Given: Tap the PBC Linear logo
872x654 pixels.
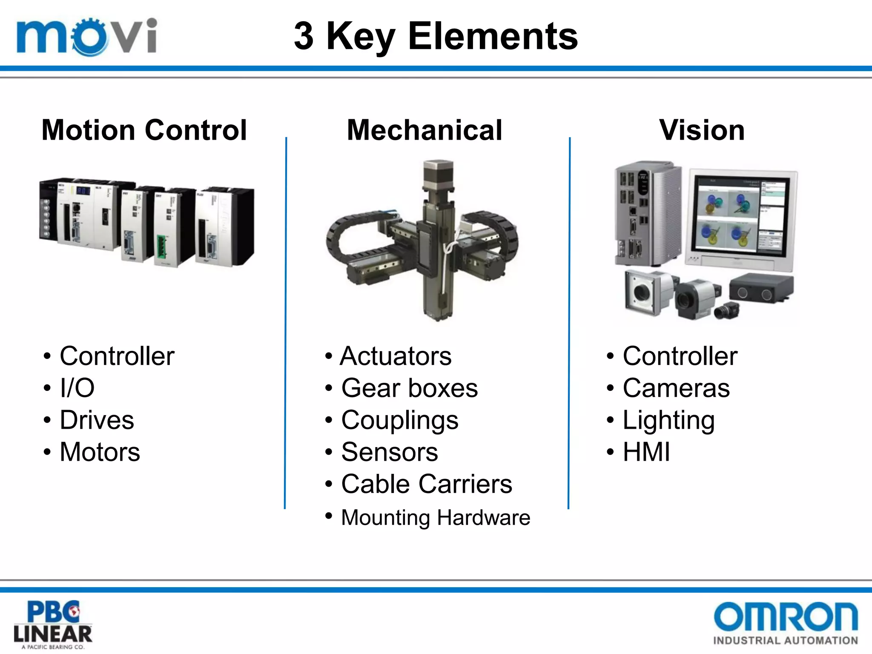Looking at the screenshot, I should click(x=53, y=624).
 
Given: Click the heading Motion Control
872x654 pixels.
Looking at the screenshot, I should click(x=144, y=130).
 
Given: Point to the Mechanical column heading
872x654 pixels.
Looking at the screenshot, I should click(x=425, y=130).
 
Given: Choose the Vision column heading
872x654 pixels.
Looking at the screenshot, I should click(x=702, y=130).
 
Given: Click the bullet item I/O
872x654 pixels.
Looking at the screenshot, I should click(x=77, y=388).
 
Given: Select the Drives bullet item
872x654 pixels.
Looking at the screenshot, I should click(x=97, y=420).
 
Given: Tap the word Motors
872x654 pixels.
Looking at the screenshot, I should click(x=100, y=452).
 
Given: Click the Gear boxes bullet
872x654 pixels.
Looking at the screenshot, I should click(x=410, y=388).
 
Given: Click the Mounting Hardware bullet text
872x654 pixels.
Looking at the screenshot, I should click(x=436, y=518).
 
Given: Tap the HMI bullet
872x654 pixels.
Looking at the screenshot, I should click(x=646, y=452).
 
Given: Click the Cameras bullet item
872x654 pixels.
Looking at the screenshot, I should click(x=676, y=388).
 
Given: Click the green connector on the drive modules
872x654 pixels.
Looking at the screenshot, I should click(x=161, y=247).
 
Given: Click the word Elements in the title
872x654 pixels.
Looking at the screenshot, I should click(x=493, y=37).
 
